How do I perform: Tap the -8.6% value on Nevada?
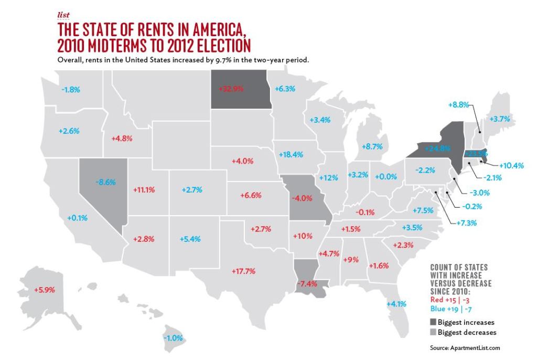click(x=106, y=182)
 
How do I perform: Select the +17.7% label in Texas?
click(x=243, y=271)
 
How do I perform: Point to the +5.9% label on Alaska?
click(x=45, y=289)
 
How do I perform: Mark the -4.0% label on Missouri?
click(x=302, y=199)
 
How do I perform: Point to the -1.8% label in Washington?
click(x=71, y=90)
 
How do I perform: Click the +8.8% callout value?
click(x=459, y=104)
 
